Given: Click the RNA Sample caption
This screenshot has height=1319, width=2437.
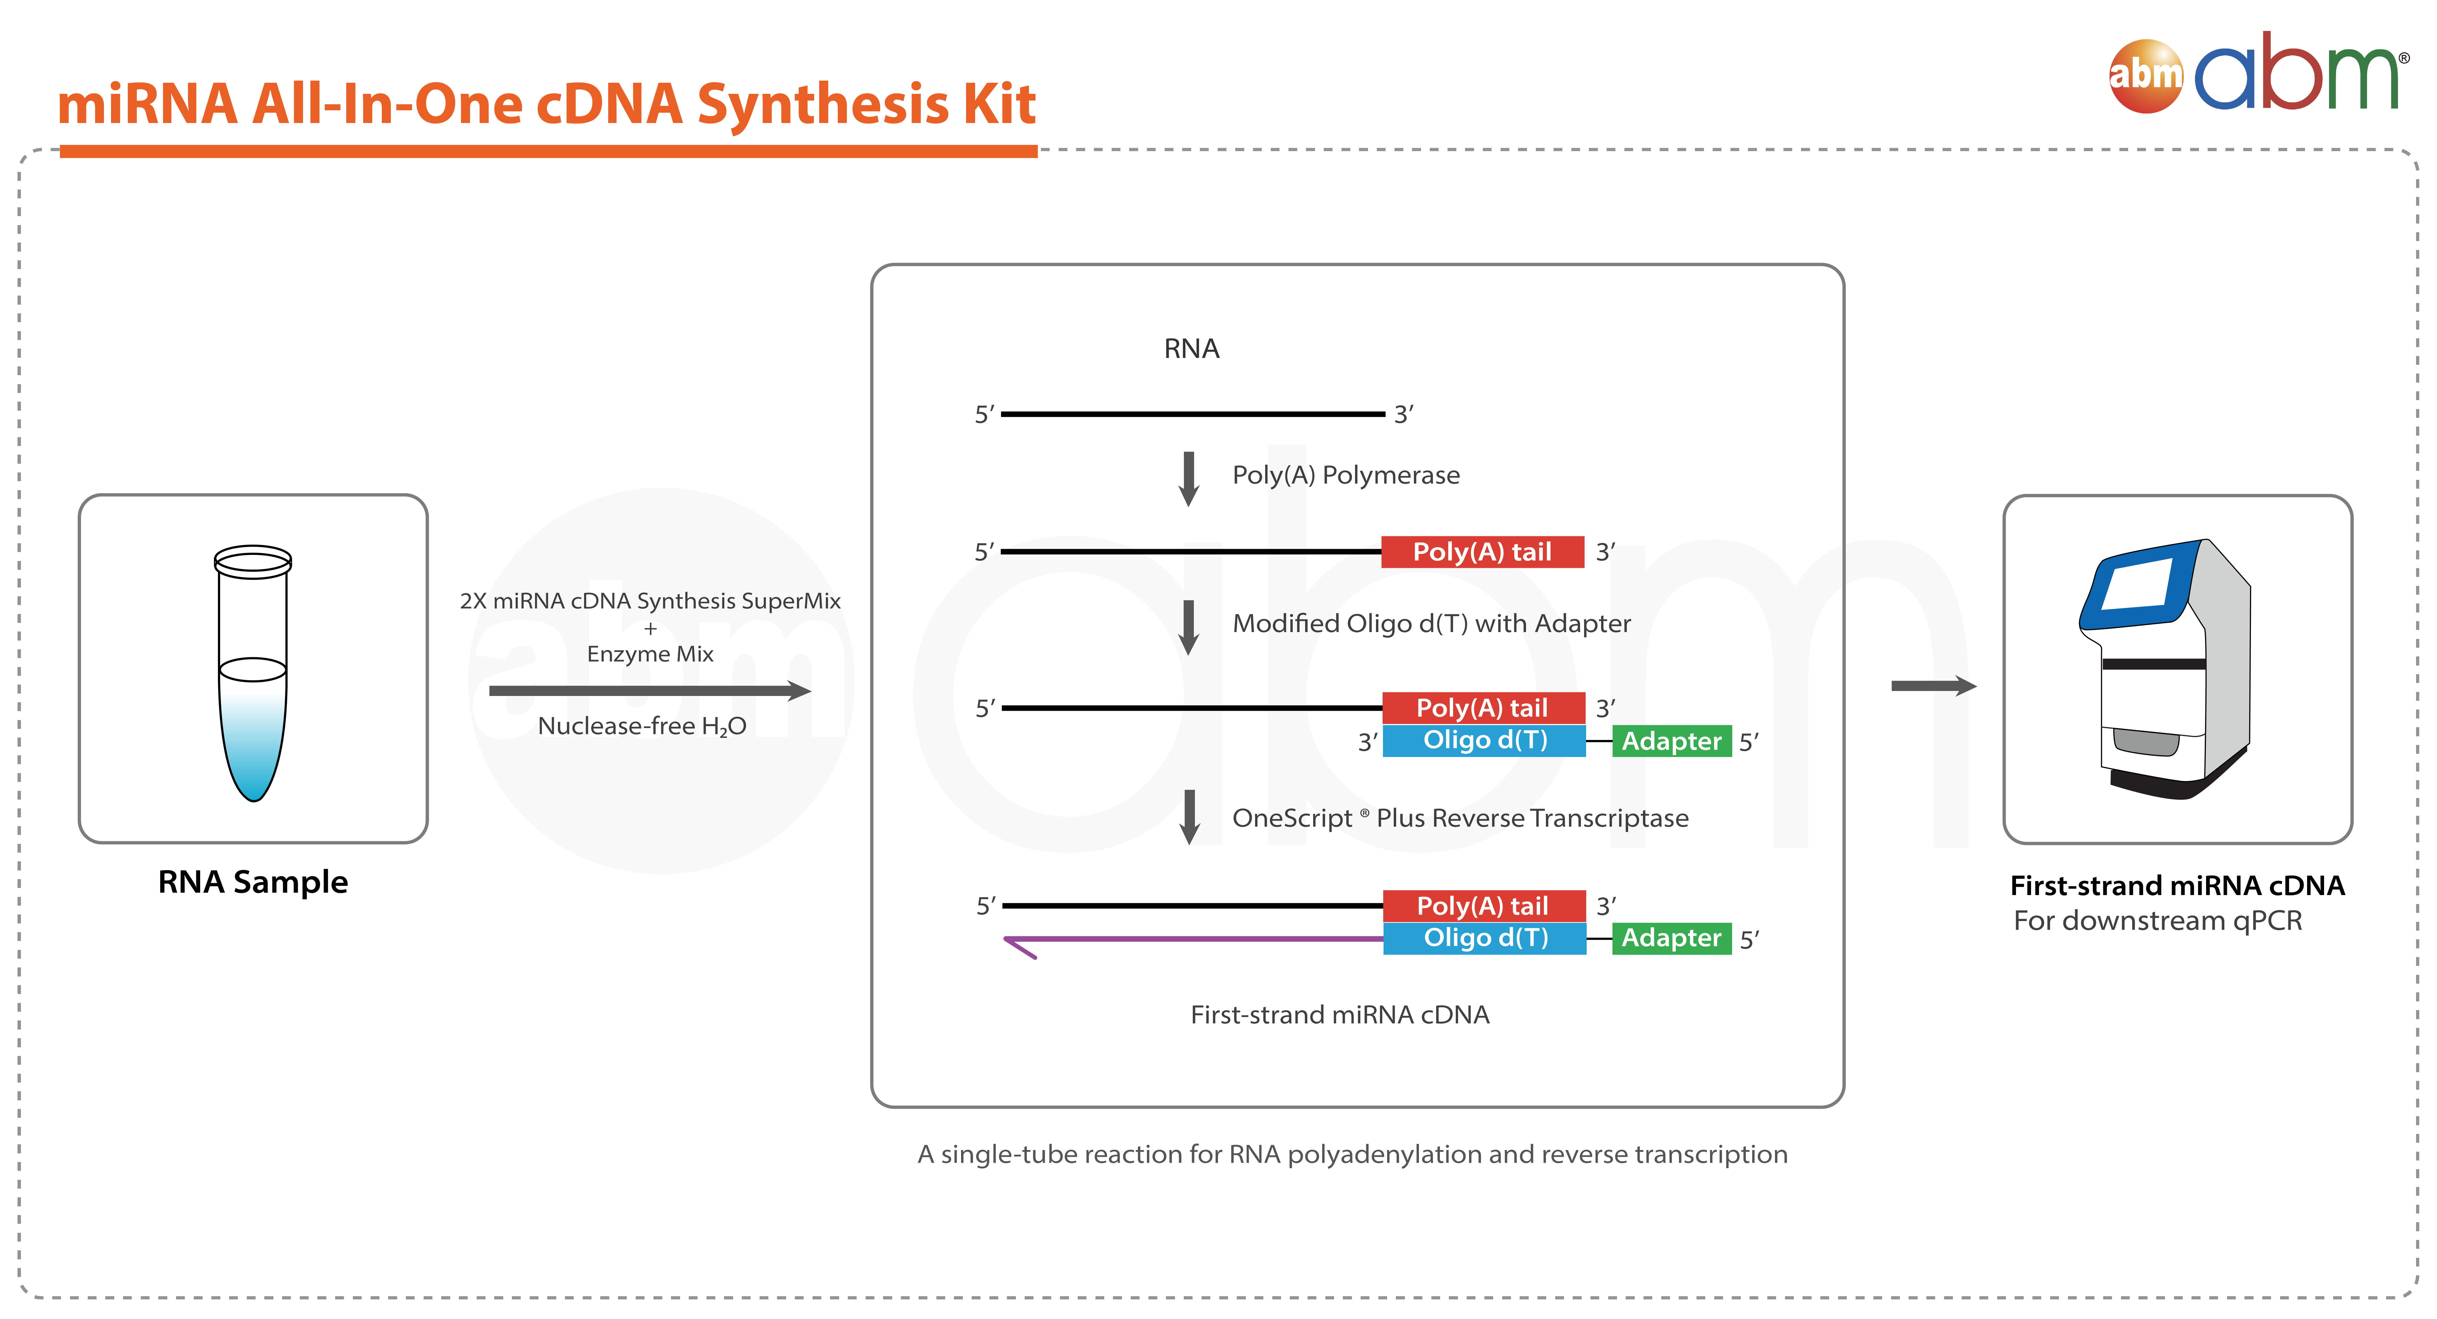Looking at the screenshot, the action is (x=253, y=882).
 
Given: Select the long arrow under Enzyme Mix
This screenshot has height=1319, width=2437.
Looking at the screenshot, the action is (x=650, y=691).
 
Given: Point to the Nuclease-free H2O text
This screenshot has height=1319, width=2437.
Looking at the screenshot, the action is (x=642, y=726).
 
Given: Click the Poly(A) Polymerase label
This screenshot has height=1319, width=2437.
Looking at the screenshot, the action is (x=1345, y=475).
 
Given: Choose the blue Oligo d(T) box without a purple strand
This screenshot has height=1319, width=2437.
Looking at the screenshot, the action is (x=1484, y=740).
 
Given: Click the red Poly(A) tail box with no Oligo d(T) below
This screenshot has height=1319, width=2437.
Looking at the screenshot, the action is (x=1483, y=552).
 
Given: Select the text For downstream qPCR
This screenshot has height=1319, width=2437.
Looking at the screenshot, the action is (x=2158, y=921).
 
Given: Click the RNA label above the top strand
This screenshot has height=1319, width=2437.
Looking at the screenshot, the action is (x=1191, y=349).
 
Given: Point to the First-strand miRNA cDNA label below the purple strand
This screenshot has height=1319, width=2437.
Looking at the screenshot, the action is (x=1340, y=1014).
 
